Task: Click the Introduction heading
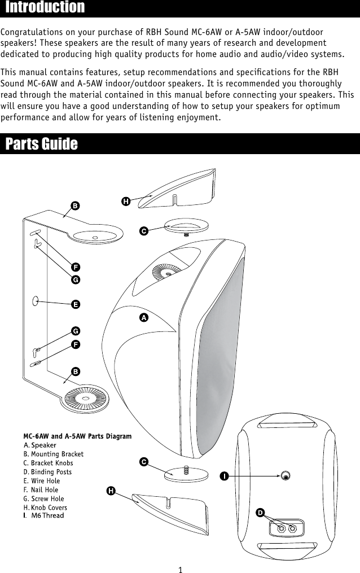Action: (45, 8)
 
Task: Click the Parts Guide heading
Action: (41, 144)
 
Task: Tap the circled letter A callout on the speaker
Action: (144, 318)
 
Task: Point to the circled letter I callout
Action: (224, 476)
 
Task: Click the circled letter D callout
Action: (260, 512)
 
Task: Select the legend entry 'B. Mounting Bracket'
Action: (54, 454)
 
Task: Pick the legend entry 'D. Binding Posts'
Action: (47, 472)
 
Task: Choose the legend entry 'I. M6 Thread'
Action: (44, 515)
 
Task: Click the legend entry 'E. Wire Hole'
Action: (42, 481)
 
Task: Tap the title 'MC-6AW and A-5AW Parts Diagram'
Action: (77, 436)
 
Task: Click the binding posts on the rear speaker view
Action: (287, 528)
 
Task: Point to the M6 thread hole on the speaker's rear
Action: (287, 475)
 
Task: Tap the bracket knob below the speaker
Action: (185, 473)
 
